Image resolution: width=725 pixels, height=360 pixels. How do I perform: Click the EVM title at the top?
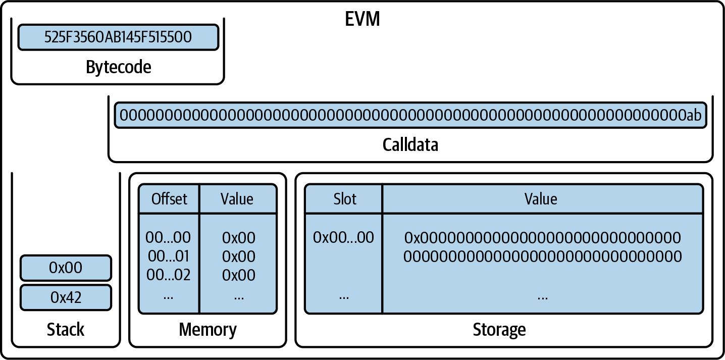click(x=362, y=19)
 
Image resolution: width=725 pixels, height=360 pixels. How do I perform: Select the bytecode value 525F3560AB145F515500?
click(x=118, y=38)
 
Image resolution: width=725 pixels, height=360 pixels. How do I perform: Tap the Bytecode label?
click(x=118, y=67)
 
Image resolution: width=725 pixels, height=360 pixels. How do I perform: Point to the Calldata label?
click(x=410, y=145)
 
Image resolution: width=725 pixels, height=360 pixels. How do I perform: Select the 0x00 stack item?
click(x=66, y=268)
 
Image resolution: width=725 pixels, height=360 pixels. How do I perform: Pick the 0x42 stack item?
click(x=66, y=297)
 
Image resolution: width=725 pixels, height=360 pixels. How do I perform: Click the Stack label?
click(x=66, y=330)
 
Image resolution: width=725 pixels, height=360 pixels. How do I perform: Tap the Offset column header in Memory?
click(x=169, y=199)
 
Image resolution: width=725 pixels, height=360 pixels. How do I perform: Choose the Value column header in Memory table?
click(x=237, y=199)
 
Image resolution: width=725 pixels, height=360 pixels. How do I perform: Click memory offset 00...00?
click(x=168, y=237)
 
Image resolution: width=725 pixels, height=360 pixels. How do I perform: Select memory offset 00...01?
click(x=168, y=256)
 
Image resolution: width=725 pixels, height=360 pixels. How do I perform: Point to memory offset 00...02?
click(x=168, y=275)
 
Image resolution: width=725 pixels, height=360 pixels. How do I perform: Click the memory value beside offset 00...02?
click(x=239, y=275)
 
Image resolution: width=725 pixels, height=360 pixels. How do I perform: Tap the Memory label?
click(x=208, y=330)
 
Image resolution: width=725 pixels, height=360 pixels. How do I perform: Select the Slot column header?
click(x=344, y=199)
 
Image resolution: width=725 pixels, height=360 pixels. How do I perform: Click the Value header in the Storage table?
click(x=541, y=199)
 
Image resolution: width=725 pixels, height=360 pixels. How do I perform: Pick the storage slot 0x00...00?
click(x=343, y=237)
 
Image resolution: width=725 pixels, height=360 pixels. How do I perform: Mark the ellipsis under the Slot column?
click(x=344, y=296)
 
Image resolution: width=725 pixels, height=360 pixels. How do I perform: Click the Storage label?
click(x=499, y=330)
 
